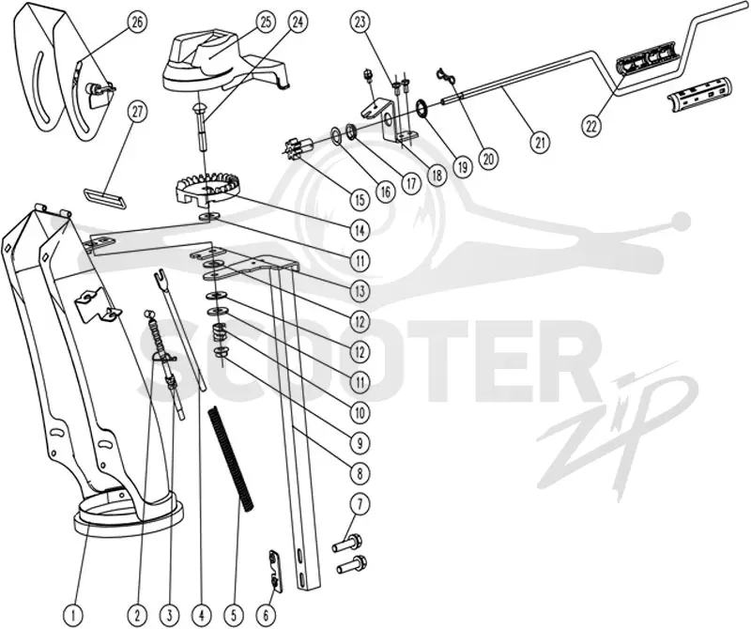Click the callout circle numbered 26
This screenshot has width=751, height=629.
click(137, 23)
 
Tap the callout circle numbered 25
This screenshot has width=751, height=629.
click(267, 22)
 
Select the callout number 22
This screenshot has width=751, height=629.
click(591, 127)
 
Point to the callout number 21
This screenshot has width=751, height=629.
click(541, 143)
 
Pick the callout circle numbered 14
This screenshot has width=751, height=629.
click(360, 230)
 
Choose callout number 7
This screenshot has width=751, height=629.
click(360, 504)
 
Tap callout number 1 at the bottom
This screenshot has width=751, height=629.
click(73, 614)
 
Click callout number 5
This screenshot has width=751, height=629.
click(234, 614)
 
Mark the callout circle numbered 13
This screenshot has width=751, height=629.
click(360, 291)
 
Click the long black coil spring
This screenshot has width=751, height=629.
click(231, 459)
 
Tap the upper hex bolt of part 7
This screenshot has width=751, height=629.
click(347, 543)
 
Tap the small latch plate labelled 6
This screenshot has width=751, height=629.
click(275, 571)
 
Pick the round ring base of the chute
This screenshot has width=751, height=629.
click(129, 521)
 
